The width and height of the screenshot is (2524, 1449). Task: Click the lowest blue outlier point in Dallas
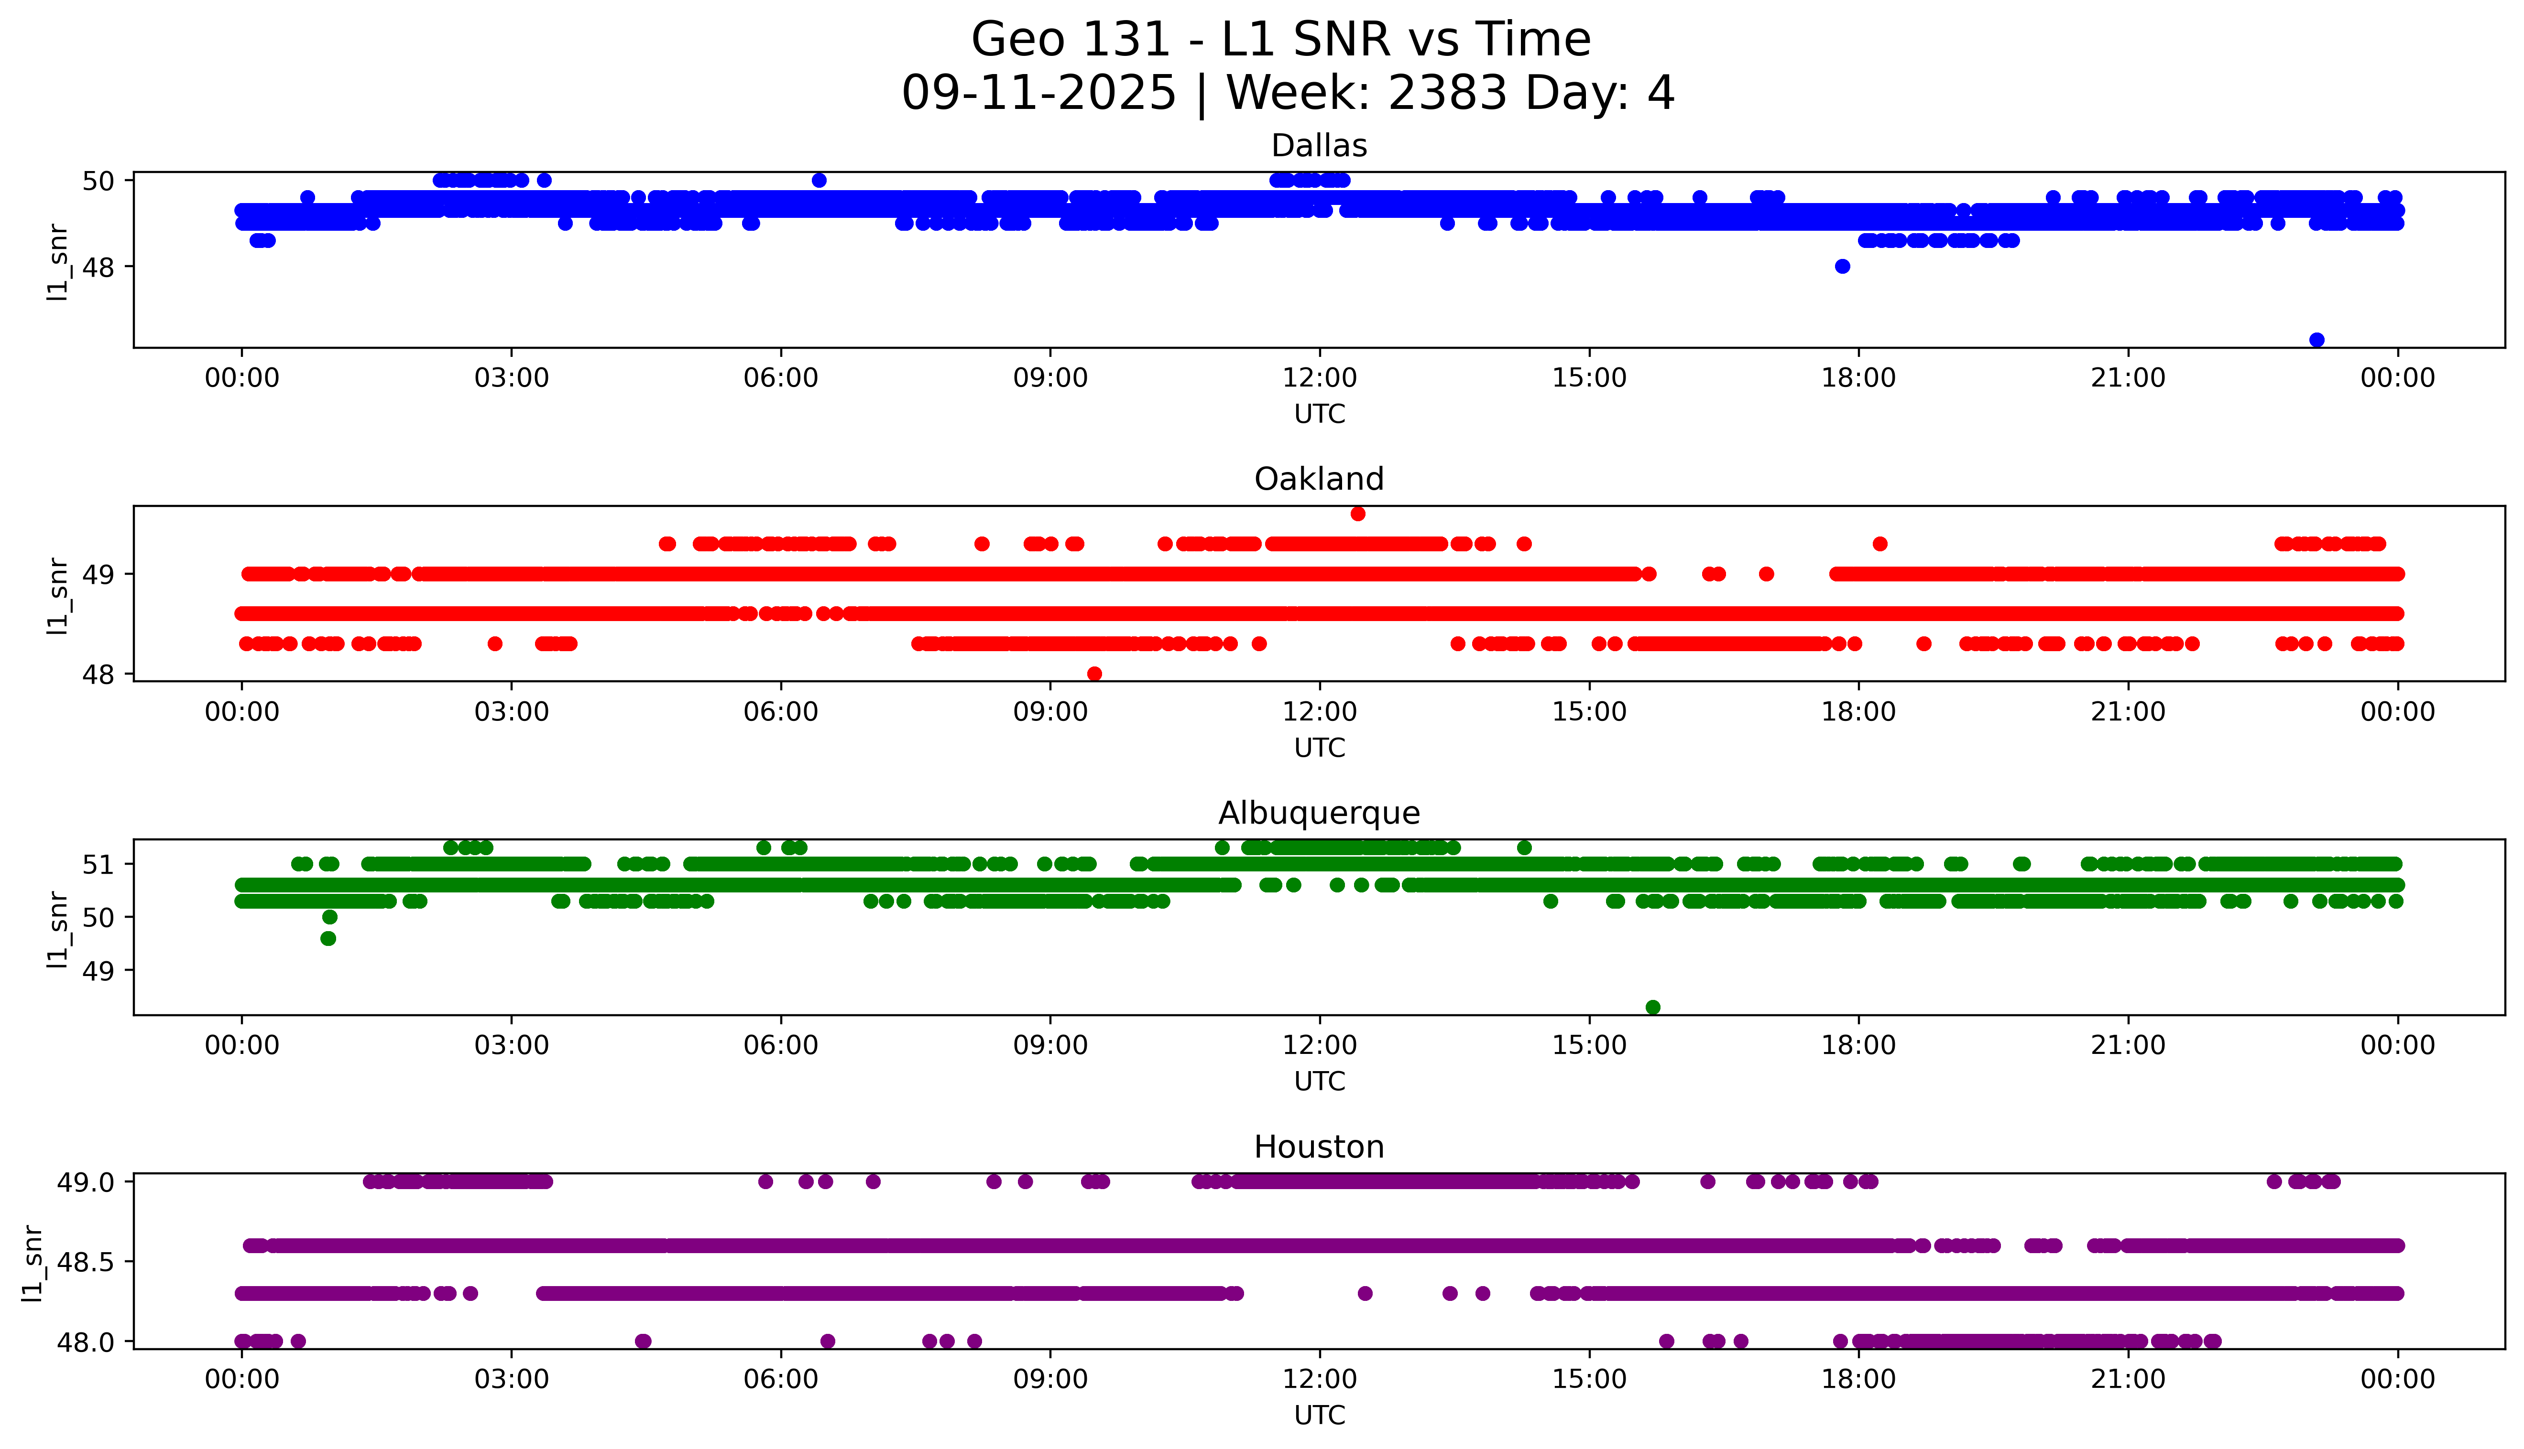coord(2317,340)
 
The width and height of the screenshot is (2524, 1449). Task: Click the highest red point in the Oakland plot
coord(1358,514)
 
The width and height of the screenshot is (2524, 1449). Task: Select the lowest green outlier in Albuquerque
coord(1653,1007)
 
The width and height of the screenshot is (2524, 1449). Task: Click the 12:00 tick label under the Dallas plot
coord(1319,378)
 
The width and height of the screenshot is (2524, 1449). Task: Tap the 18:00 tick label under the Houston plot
coord(1859,1379)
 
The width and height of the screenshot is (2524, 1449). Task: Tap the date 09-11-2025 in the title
coord(1038,94)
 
